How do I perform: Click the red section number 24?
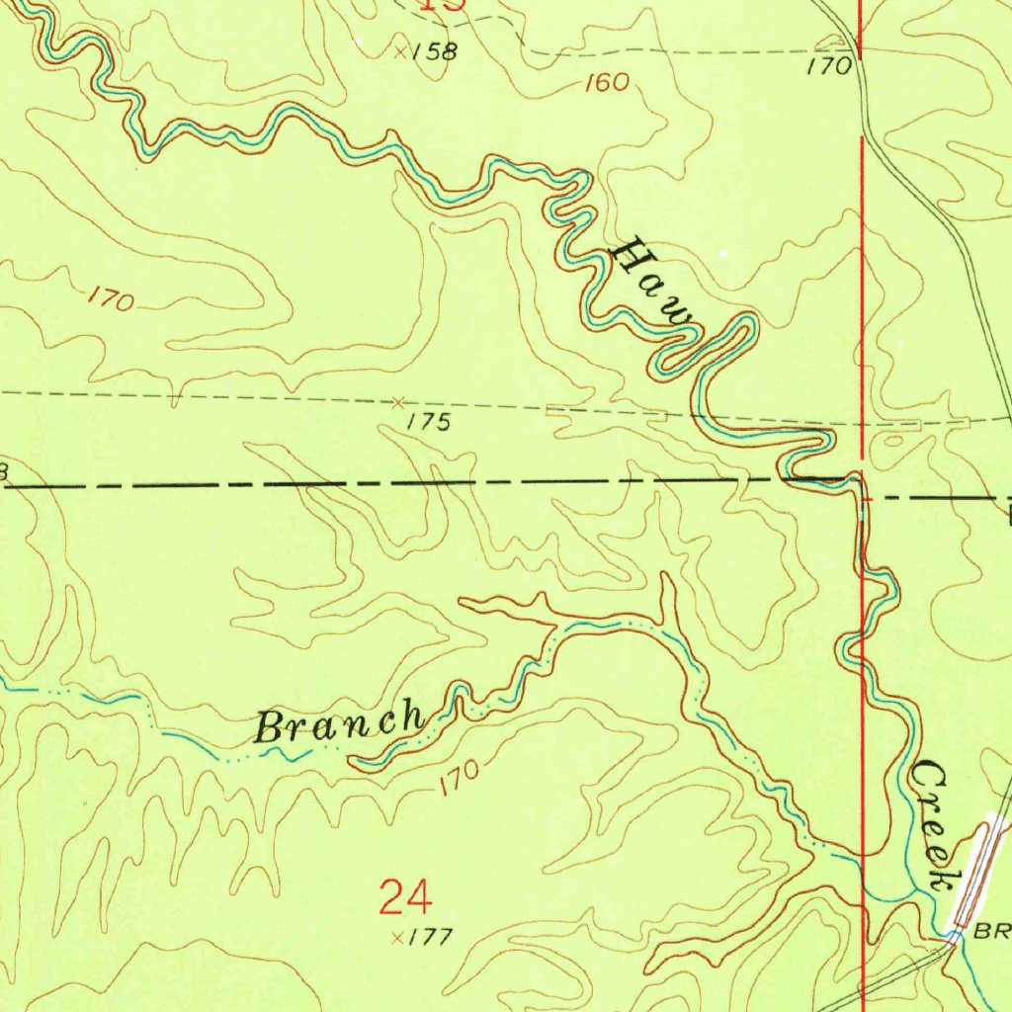point(405,898)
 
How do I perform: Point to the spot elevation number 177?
point(431,937)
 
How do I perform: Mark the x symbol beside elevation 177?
point(397,937)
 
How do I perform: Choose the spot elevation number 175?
point(429,423)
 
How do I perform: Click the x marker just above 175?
point(398,402)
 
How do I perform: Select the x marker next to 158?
point(400,51)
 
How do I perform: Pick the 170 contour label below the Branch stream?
point(461,778)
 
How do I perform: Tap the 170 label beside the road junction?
point(828,67)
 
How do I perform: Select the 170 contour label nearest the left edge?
point(110,298)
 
